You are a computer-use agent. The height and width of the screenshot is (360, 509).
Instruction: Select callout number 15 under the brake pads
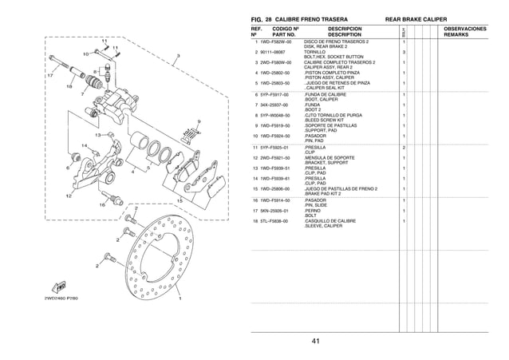(180, 200)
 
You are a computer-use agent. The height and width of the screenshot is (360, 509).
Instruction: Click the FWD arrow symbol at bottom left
(58, 285)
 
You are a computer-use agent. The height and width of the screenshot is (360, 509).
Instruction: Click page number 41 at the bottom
(316, 342)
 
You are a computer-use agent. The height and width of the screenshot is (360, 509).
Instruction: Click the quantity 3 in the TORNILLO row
(404, 51)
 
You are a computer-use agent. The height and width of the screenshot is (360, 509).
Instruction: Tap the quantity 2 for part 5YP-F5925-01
(404, 147)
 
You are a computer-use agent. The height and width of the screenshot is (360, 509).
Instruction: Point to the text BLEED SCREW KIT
(326, 119)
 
